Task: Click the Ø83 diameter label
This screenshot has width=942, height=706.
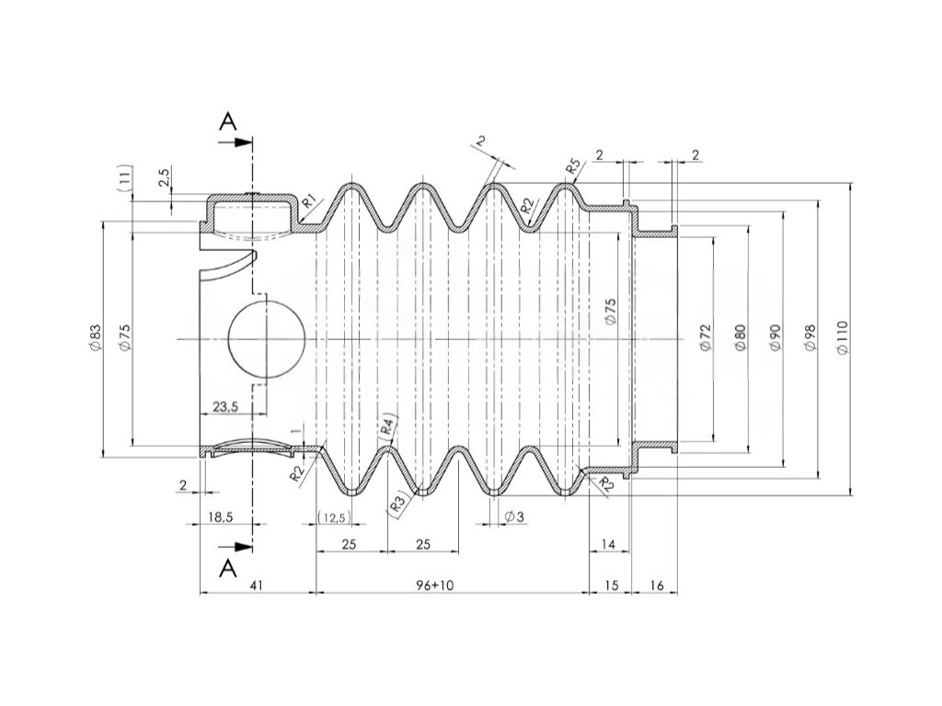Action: [x=94, y=338]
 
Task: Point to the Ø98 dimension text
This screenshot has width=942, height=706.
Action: [x=809, y=338]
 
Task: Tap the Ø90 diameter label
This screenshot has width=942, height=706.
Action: [x=775, y=338]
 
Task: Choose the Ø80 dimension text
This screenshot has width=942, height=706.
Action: [x=741, y=338]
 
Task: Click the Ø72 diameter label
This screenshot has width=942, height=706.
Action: [x=706, y=338]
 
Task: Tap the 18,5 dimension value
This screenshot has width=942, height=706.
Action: [x=220, y=518]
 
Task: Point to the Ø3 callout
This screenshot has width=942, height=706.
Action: [x=514, y=518]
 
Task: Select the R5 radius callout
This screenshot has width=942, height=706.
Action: [x=573, y=167]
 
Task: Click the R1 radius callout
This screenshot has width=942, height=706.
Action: [x=310, y=199]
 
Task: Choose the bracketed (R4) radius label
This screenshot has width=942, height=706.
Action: [x=389, y=423]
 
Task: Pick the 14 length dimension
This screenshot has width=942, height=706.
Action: [x=608, y=544]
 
